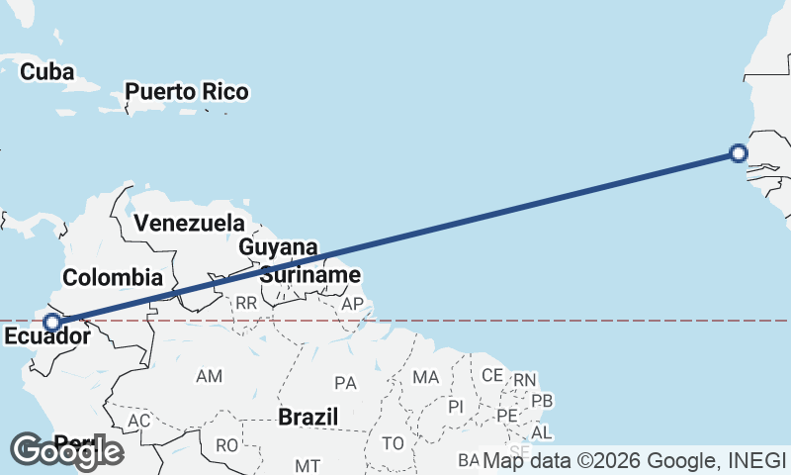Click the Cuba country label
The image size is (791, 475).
(47, 71)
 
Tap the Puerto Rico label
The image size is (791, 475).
(186, 92)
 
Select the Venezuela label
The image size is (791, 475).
(189, 223)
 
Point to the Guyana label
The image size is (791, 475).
(278, 247)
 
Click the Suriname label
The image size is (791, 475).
(309, 274)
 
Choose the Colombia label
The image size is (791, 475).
(112, 276)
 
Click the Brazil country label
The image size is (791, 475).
(308, 417)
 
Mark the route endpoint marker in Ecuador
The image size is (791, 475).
(51, 322)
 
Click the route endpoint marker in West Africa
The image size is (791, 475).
(738, 152)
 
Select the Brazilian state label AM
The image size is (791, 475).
(210, 376)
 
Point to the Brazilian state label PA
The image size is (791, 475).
(345, 382)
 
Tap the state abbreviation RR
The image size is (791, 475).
(245, 303)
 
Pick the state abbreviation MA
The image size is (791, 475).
(425, 377)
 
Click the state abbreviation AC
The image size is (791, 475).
(139, 421)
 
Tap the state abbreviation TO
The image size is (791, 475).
(394, 442)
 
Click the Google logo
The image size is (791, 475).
(67, 451)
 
